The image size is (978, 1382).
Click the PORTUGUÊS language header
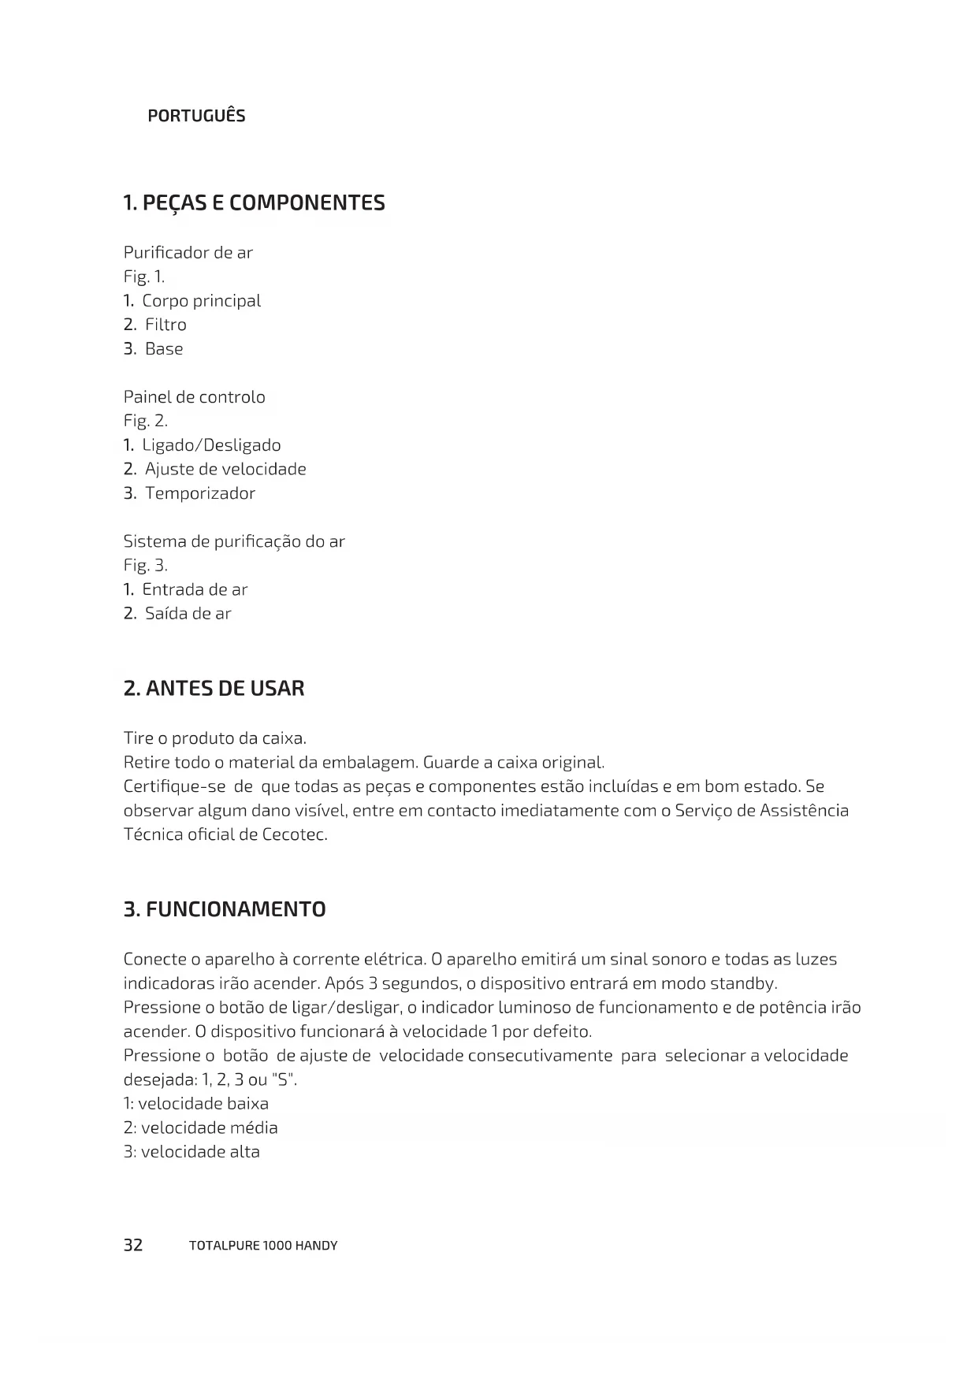click(196, 116)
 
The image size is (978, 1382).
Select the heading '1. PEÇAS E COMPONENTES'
click(254, 203)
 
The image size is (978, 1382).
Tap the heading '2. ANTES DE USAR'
click(214, 689)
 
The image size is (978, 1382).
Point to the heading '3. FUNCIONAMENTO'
click(225, 909)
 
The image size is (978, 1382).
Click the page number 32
click(133, 1245)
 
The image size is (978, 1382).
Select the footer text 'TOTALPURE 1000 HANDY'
click(263, 1246)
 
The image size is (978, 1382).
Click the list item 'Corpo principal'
click(201, 301)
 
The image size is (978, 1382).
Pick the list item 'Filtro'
click(165, 325)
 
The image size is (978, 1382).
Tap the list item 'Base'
click(164, 349)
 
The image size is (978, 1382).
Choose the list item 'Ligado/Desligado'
click(211, 445)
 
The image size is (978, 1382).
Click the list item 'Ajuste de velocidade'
click(225, 470)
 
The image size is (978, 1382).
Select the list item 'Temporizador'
click(200, 493)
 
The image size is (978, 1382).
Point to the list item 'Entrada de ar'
click(195, 589)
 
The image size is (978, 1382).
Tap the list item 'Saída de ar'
click(188, 614)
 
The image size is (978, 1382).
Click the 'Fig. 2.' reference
click(146, 422)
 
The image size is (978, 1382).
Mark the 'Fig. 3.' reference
click(146, 566)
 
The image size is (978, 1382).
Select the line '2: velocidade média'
click(201, 1128)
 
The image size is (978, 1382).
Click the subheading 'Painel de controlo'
click(194, 397)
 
